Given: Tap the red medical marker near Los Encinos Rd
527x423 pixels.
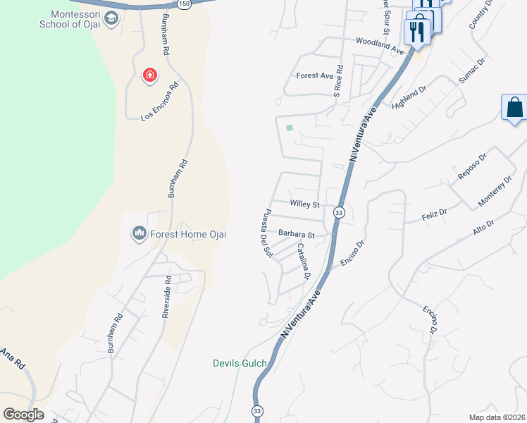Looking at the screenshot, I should [x=149, y=75].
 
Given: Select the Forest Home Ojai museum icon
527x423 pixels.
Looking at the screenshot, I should [x=139, y=233].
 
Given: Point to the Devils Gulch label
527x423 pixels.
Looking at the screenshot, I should [x=240, y=364].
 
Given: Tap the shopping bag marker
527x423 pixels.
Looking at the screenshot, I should [x=514, y=108].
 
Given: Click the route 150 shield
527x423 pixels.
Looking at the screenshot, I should [x=184, y=4].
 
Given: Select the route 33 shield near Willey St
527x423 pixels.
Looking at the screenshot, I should [x=340, y=212].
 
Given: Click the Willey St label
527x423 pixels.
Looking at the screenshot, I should [x=305, y=204].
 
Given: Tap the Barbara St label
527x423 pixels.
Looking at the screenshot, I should [x=296, y=233].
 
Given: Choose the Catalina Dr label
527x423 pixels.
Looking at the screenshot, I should [x=303, y=261].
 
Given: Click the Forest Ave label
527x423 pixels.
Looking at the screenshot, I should [x=314, y=75].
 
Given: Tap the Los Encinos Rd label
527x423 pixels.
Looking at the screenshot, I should [x=160, y=102].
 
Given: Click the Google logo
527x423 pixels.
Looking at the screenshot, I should [x=23, y=415].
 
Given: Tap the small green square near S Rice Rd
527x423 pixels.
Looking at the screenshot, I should [x=289, y=128].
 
